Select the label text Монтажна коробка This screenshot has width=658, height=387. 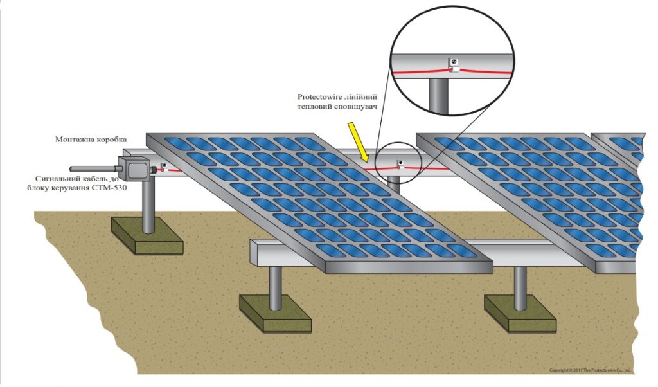pos(91,139)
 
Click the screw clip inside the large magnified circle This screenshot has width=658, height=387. pos(452,65)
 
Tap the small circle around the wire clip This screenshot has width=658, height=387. pos(398,163)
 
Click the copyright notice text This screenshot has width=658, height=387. pos(590,370)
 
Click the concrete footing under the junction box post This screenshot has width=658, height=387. pos(147,235)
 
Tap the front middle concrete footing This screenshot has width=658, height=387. pos(275,313)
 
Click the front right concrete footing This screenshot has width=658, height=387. pos(520,313)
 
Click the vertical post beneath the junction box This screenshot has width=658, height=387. pos(148,206)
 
